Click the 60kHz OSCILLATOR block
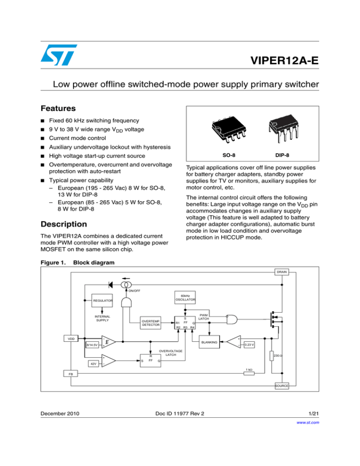click(x=185, y=298)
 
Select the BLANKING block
click(x=210, y=342)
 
